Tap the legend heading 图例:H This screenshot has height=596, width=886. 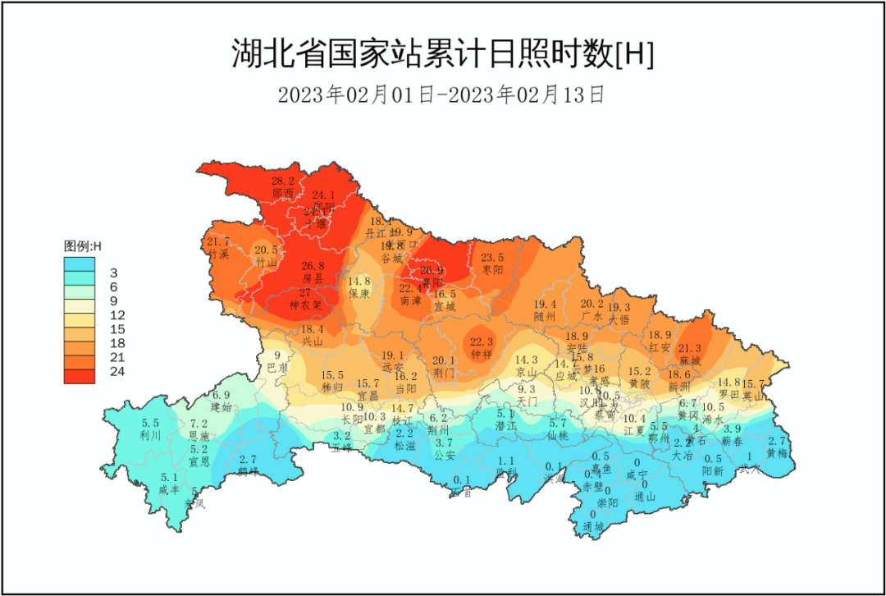82,245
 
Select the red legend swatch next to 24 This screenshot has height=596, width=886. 80,375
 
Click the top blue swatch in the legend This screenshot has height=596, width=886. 80,264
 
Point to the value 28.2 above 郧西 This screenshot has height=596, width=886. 283,181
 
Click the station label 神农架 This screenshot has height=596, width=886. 305,305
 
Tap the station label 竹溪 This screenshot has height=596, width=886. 219,254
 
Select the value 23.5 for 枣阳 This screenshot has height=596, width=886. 492,257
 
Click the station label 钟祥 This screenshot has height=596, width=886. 481,354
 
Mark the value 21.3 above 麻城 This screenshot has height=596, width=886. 690,348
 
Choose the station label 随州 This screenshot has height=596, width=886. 545,316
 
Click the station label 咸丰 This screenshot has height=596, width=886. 169,489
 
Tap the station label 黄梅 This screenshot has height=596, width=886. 777,452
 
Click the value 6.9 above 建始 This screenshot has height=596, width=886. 221,395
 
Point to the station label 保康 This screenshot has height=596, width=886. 359,293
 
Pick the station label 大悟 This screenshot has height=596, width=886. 619,319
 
